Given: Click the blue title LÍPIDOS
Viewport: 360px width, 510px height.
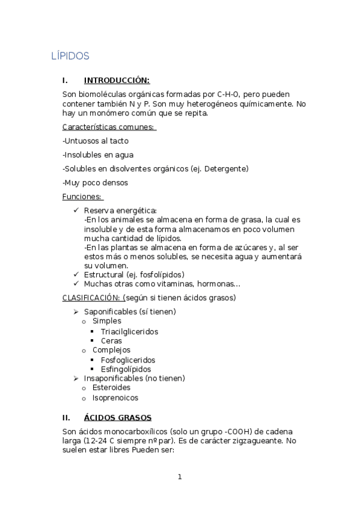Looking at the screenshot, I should tap(70, 56).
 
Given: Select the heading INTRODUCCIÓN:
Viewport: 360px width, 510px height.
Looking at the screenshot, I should tap(117, 80).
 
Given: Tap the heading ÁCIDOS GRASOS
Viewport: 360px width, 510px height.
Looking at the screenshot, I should tap(118, 417).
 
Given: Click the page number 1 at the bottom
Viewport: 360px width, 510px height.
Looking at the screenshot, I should tap(179, 477).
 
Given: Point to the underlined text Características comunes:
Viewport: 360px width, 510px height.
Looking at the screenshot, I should tap(109, 127).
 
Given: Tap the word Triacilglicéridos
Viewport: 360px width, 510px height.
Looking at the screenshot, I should tap(129, 331).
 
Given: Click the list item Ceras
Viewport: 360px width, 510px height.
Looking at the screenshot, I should tap(111, 340).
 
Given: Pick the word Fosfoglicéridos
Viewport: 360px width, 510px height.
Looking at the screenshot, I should tap(128, 360).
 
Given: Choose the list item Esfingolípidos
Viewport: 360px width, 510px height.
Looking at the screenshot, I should tap(126, 369).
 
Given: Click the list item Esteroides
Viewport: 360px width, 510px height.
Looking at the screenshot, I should tap(111, 388).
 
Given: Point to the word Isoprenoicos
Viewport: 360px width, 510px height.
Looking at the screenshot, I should tap(115, 398).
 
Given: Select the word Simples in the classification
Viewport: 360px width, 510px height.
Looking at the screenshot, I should tap(106, 321).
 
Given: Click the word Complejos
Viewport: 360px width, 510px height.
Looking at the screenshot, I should tap(111, 350).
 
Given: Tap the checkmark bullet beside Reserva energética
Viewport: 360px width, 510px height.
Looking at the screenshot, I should tap(76, 210).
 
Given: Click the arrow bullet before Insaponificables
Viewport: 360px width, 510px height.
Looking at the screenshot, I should tap(76, 378).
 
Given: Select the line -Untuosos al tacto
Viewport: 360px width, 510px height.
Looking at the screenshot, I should tap(96, 141).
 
